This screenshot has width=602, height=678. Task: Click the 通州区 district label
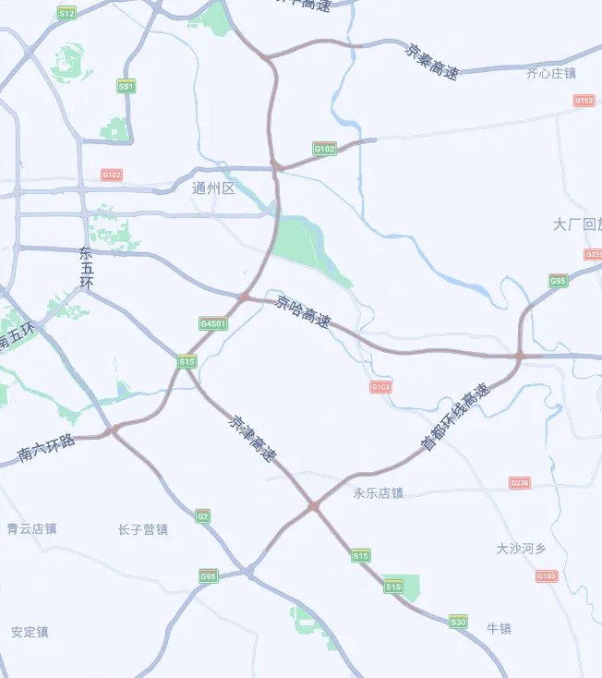214,188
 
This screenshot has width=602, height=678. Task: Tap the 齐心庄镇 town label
550,73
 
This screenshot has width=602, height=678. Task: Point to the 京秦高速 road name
432,60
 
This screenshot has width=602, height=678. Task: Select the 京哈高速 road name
303,313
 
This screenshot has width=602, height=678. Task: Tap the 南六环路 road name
45,449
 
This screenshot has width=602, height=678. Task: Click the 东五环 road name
87,267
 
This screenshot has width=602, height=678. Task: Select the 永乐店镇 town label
378,493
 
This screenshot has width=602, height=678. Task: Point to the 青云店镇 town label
31,529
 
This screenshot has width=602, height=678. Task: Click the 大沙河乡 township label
521,549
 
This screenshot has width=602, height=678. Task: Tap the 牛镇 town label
499,629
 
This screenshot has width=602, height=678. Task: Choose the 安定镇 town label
30,633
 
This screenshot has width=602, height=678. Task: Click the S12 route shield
66,14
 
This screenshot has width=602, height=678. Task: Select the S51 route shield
126,86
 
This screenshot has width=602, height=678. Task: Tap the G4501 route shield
212,324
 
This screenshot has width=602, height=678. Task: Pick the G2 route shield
202,516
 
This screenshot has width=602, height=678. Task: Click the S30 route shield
458,622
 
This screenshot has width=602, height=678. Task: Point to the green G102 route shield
324,148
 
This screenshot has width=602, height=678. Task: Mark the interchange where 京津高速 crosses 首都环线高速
314,506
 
